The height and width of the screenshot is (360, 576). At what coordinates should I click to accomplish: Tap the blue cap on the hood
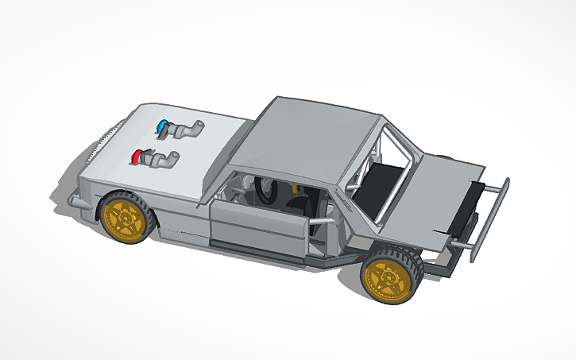tap(164, 126)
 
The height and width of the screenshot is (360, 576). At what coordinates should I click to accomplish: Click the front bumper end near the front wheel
tap(76, 200)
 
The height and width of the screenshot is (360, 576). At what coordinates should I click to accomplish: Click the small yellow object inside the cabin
tap(295, 188)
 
